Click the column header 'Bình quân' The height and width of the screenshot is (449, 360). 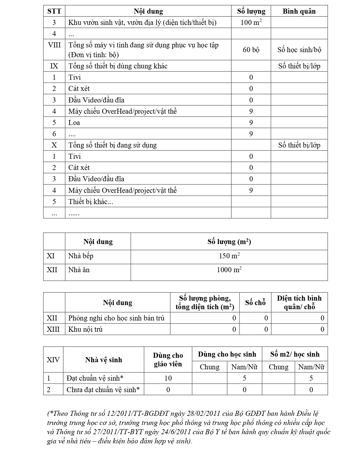(299, 11)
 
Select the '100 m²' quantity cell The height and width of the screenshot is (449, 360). (251, 22)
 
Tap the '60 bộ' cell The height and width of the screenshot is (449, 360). (251, 50)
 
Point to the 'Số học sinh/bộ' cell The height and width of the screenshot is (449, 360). (299, 50)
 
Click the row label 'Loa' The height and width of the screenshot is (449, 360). (74, 123)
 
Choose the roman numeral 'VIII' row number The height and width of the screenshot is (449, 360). (54, 45)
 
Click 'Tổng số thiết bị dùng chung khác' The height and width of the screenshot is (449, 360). (118, 66)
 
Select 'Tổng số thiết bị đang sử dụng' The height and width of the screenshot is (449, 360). (112, 145)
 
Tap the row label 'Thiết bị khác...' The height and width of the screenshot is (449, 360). (91, 202)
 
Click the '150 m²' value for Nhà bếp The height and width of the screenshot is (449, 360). (229, 256)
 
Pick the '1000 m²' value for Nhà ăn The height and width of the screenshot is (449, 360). (229, 270)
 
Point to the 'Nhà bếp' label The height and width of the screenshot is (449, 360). (81, 256)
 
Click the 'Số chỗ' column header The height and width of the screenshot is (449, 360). (255, 302)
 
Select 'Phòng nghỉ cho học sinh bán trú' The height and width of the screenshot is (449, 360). (116, 318)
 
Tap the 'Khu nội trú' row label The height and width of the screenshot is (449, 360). (85, 329)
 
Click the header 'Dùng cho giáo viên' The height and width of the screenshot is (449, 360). (168, 360)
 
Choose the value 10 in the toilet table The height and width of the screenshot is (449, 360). (168, 378)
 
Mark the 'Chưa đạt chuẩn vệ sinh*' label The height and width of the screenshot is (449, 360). (103, 390)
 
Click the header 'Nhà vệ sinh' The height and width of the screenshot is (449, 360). (104, 360)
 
